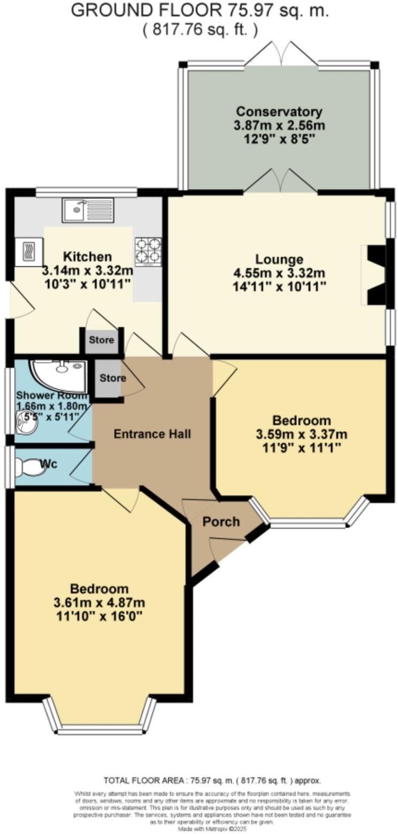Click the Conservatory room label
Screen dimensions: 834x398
pyautogui.click(x=279, y=112)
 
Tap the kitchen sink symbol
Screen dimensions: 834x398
pyautogui.click(x=88, y=210)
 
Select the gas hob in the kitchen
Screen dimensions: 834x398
pyautogui.click(x=148, y=251)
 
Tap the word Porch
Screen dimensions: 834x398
pyautogui.click(x=221, y=522)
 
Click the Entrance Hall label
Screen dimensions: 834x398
pyautogui.click(x=152, y=434)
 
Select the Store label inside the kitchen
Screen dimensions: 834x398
pyautogui.click(x=101, y=340)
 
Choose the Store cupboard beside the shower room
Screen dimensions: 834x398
pyautogui.click(x=112, y=378)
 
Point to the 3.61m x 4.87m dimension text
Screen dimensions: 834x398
pyautogui.click(x=99, y=603)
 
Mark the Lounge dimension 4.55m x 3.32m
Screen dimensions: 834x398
pyautogui.click(x=279, y=273)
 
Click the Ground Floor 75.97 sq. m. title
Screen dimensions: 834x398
pyautogui.click(x=200, y=10)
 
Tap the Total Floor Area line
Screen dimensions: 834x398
pyautogui.click(x=212, y=781)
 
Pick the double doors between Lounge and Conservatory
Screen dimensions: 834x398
pyautogui.click(x=280, y=182)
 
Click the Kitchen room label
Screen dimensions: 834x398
pyautogui.click(x=87, y=256)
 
